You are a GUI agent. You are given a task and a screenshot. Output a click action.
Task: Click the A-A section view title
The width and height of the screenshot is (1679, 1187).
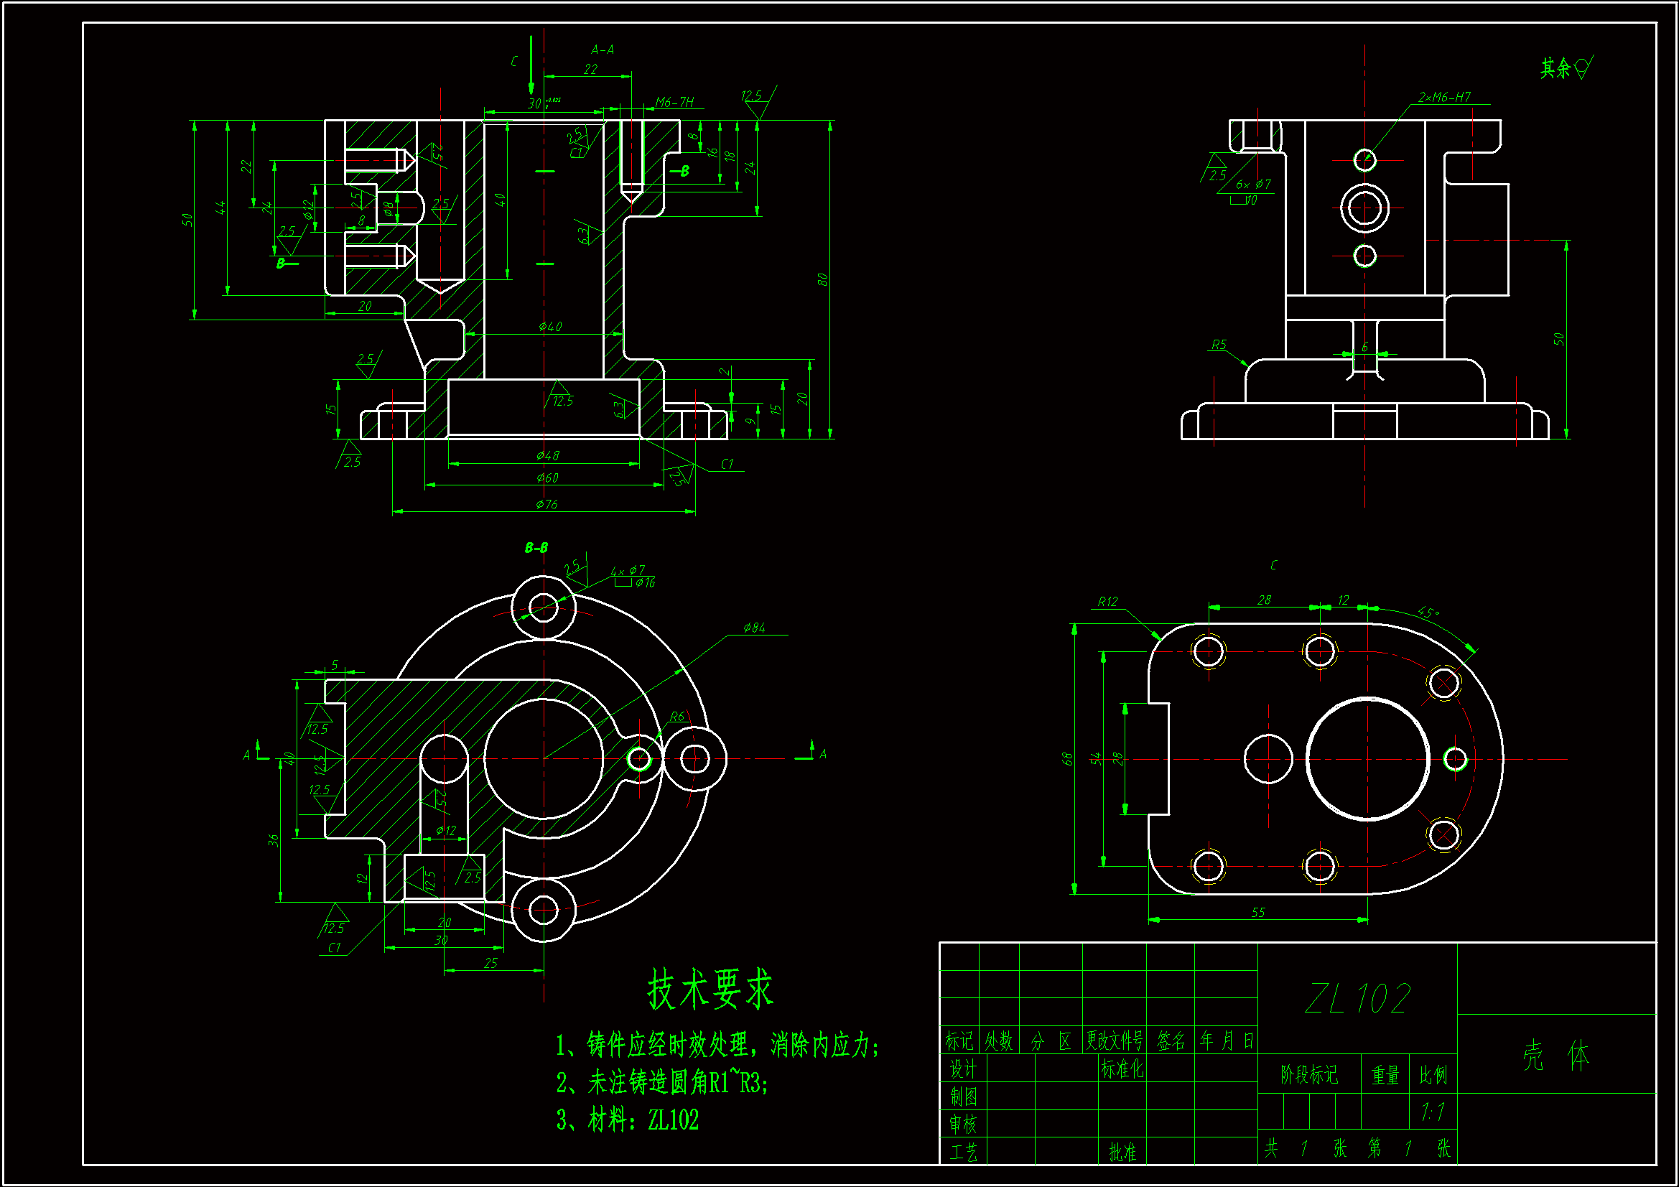pyautogui.click(x=603, y=50)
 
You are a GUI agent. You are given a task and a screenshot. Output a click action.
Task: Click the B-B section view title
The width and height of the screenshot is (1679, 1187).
pyautogui.click(x=536, y=548)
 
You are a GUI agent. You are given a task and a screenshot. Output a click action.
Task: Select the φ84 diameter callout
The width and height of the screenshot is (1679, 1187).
pyautogui.click(x=754, y=628)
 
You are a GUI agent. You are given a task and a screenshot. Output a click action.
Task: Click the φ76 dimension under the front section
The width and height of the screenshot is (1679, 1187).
pyautogui.click(x=547, y=504)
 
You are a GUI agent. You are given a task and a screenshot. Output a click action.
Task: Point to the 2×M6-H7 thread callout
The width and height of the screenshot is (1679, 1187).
pyautogui.click(x=1444, y=97)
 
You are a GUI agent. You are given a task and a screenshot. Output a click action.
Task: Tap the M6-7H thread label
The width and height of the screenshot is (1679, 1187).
pyautogui.click(x=674, y=102)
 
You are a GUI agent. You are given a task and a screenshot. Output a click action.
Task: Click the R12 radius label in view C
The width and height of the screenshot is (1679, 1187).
pyautogui.click(x=1107, y=601)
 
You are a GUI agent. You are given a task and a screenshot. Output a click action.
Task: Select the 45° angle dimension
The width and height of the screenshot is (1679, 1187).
pyautogui.click(x=1428, y=612)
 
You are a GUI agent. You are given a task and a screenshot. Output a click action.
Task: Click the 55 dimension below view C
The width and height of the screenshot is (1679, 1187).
pyautogui.click(x=1257, y=912)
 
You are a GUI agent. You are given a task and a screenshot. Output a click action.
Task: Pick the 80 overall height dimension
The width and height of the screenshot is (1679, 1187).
pyautogui.click(x=823, y=279)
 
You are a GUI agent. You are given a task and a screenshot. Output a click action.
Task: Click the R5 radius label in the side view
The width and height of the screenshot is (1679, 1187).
pyautogui.click(x=1218, y=345)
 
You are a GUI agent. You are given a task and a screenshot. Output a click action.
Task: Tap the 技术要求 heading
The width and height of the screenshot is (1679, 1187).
pyautogui.click(x=710, y=990)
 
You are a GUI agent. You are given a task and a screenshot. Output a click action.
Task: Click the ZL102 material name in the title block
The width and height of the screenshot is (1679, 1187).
pyautogui.click(x=1357, y=998)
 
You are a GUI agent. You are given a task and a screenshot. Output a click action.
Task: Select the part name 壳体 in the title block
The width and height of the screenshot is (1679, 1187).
pyautogui.click(x=1556, y=1056)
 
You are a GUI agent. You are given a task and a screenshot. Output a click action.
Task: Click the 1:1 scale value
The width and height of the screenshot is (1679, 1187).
pyautogui.click(x=1433, y=1112)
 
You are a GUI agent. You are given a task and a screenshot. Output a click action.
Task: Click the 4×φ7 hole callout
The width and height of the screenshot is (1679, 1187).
pyautogui.click(x=628, y=569)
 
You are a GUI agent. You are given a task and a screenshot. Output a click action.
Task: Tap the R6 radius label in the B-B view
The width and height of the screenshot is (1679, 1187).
pyautogui.click(x=677, y=717)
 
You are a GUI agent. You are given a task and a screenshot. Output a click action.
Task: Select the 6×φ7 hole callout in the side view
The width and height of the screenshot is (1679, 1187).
pyautogui.click(x=1253, y=185)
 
